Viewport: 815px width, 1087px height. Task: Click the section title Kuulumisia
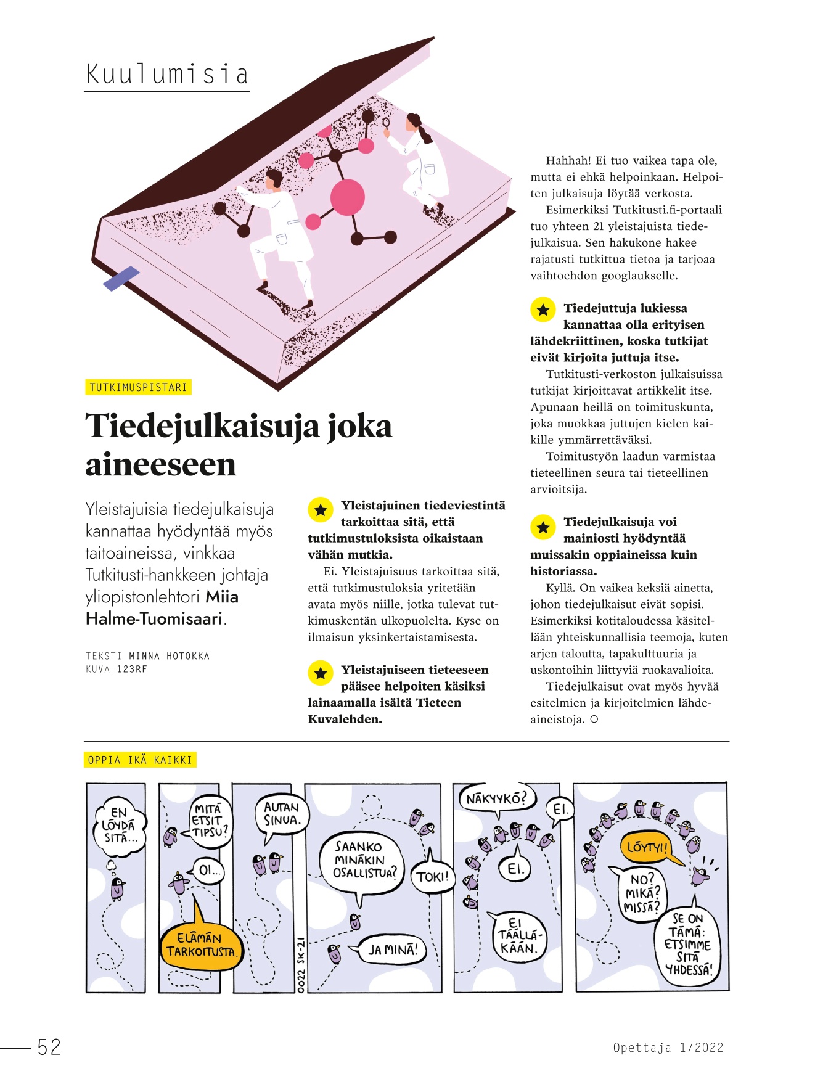(x=166, y=75)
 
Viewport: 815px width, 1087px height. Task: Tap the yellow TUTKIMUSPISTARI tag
(x=138, y=387)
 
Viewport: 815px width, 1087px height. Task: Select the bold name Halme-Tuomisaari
(x=154, y=618)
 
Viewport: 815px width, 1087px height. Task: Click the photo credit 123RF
(x=132, y=669)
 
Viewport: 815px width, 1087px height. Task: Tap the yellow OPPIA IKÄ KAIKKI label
(x=140, y=760)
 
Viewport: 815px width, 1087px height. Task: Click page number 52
(x=49, y=1047)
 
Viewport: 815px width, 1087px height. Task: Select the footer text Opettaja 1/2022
(x=668, y=1047)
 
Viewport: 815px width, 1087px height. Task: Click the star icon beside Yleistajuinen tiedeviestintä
(x=321, y=510)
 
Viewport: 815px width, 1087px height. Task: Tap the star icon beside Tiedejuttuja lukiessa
(x=543, y=310)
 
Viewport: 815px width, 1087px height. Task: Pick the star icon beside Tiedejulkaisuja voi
(x=543, y=527)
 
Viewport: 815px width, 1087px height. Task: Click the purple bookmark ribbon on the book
(x=121, y=278)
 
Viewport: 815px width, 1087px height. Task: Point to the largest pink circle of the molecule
(x=348, y=197)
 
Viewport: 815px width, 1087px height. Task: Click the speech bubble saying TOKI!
(x=433, y=876)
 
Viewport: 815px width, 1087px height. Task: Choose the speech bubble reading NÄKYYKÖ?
(x=497, y=799)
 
